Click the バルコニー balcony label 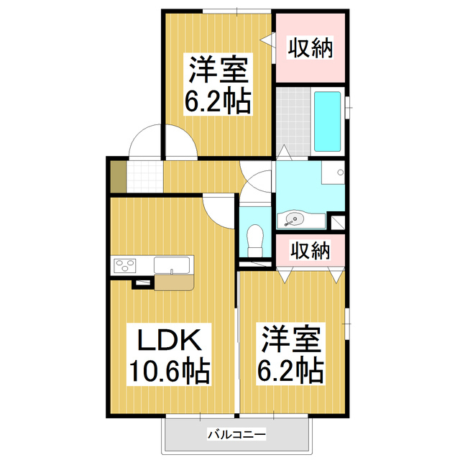pyautogui.click(x=236, y=434)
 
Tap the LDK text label pyautogui.click(x=170, y=340)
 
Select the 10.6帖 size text pyautogui.click(x=170, y=372)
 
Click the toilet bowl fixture pyautogui.click(x=254, y=240)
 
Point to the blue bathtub pyautogui.click(x=328, y=121)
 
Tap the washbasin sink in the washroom pyautogui.click(x=293, y=219)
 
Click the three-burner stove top pyautogui.click(x=124, y=266)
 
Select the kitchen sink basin pyautogui.click(x=172, y=265)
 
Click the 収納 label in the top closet pyautogui.click(x=310, y=47)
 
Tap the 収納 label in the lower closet pyautogui.click(x=310, y=250)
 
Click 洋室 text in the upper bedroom pyautogui.click(x=218, y=70)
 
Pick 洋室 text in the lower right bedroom pyautogui.click(x=290, y=339)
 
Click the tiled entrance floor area pyautogui.click(x=144, y=176)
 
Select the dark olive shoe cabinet pyautogui.click(x=118, y=176)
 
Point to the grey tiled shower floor pyautogui.click(x=293, y=121)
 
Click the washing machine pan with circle pyautogui.click(x=333, y=172)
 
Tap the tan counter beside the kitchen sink pyautogui.click(x=174, y=282)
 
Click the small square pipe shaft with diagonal pyautogui.click(x=338, y=223)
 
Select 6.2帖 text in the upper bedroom pyautogui.click(x=217, y=102)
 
